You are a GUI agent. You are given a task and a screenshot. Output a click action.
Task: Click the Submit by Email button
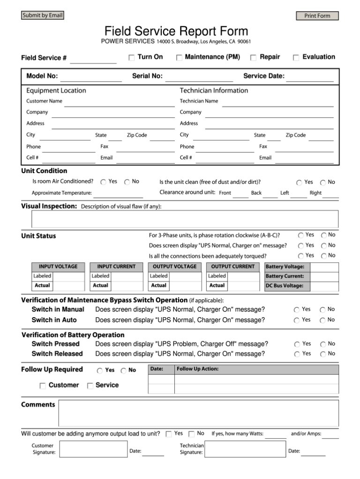coord(42,15)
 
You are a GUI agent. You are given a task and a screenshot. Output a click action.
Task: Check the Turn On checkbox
coord(132,57)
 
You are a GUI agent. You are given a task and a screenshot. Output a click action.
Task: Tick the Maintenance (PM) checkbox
coord(179,58)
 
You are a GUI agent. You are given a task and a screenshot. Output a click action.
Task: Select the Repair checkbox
coord(253,58)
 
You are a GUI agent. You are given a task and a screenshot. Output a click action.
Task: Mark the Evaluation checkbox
coord(296,58)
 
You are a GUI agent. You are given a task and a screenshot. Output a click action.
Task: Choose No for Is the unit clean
coord(323,182)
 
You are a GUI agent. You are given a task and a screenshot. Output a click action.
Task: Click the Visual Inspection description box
coord(184,219)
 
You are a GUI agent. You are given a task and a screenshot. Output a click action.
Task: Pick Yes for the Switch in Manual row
coord(297,310)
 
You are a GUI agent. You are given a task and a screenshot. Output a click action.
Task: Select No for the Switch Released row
coord(323,354)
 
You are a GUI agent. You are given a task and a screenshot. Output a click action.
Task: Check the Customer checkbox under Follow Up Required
coord(43,386)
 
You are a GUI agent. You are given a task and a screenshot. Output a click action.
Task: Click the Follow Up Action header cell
coord(256,369)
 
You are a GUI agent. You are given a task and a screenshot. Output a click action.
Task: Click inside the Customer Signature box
coord(93,449)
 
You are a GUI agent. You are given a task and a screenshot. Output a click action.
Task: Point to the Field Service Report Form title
coord(176,31)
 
